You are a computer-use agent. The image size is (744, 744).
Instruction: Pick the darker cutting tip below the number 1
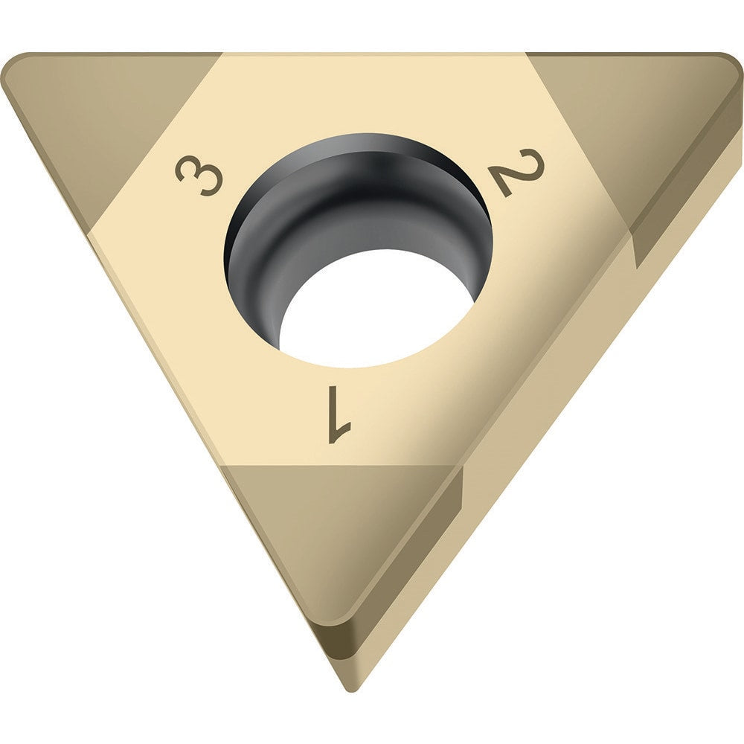point(327,536)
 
